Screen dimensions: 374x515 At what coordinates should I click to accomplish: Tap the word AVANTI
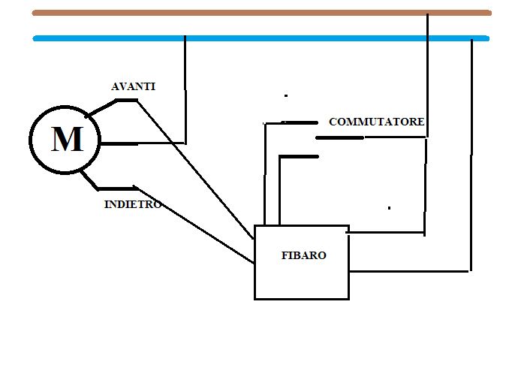click(133, 86)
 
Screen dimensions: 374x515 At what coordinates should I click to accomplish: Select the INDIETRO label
click(132, 204)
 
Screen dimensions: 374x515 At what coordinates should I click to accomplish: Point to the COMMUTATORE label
click(377, 122)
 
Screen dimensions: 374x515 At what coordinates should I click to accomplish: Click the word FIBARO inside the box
click(303, 255)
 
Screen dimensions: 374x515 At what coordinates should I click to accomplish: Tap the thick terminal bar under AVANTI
click(125, 100)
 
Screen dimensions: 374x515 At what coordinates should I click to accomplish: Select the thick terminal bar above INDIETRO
click(117, 188)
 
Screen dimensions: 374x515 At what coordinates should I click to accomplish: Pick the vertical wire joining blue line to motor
click(185, 90)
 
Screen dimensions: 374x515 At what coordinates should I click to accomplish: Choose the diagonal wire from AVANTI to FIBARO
click(195, 169)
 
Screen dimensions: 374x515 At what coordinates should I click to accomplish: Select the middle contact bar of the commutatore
click(339, 137)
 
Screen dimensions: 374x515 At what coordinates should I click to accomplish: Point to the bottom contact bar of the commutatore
click(299, 156)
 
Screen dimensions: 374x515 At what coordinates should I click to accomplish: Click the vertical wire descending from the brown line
click(427, 75)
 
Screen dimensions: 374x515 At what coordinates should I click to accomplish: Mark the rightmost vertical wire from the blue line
click(471, 150)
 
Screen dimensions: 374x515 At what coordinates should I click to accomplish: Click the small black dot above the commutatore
click(286, 96)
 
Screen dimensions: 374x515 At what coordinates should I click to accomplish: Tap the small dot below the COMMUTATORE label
click(389, 207)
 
